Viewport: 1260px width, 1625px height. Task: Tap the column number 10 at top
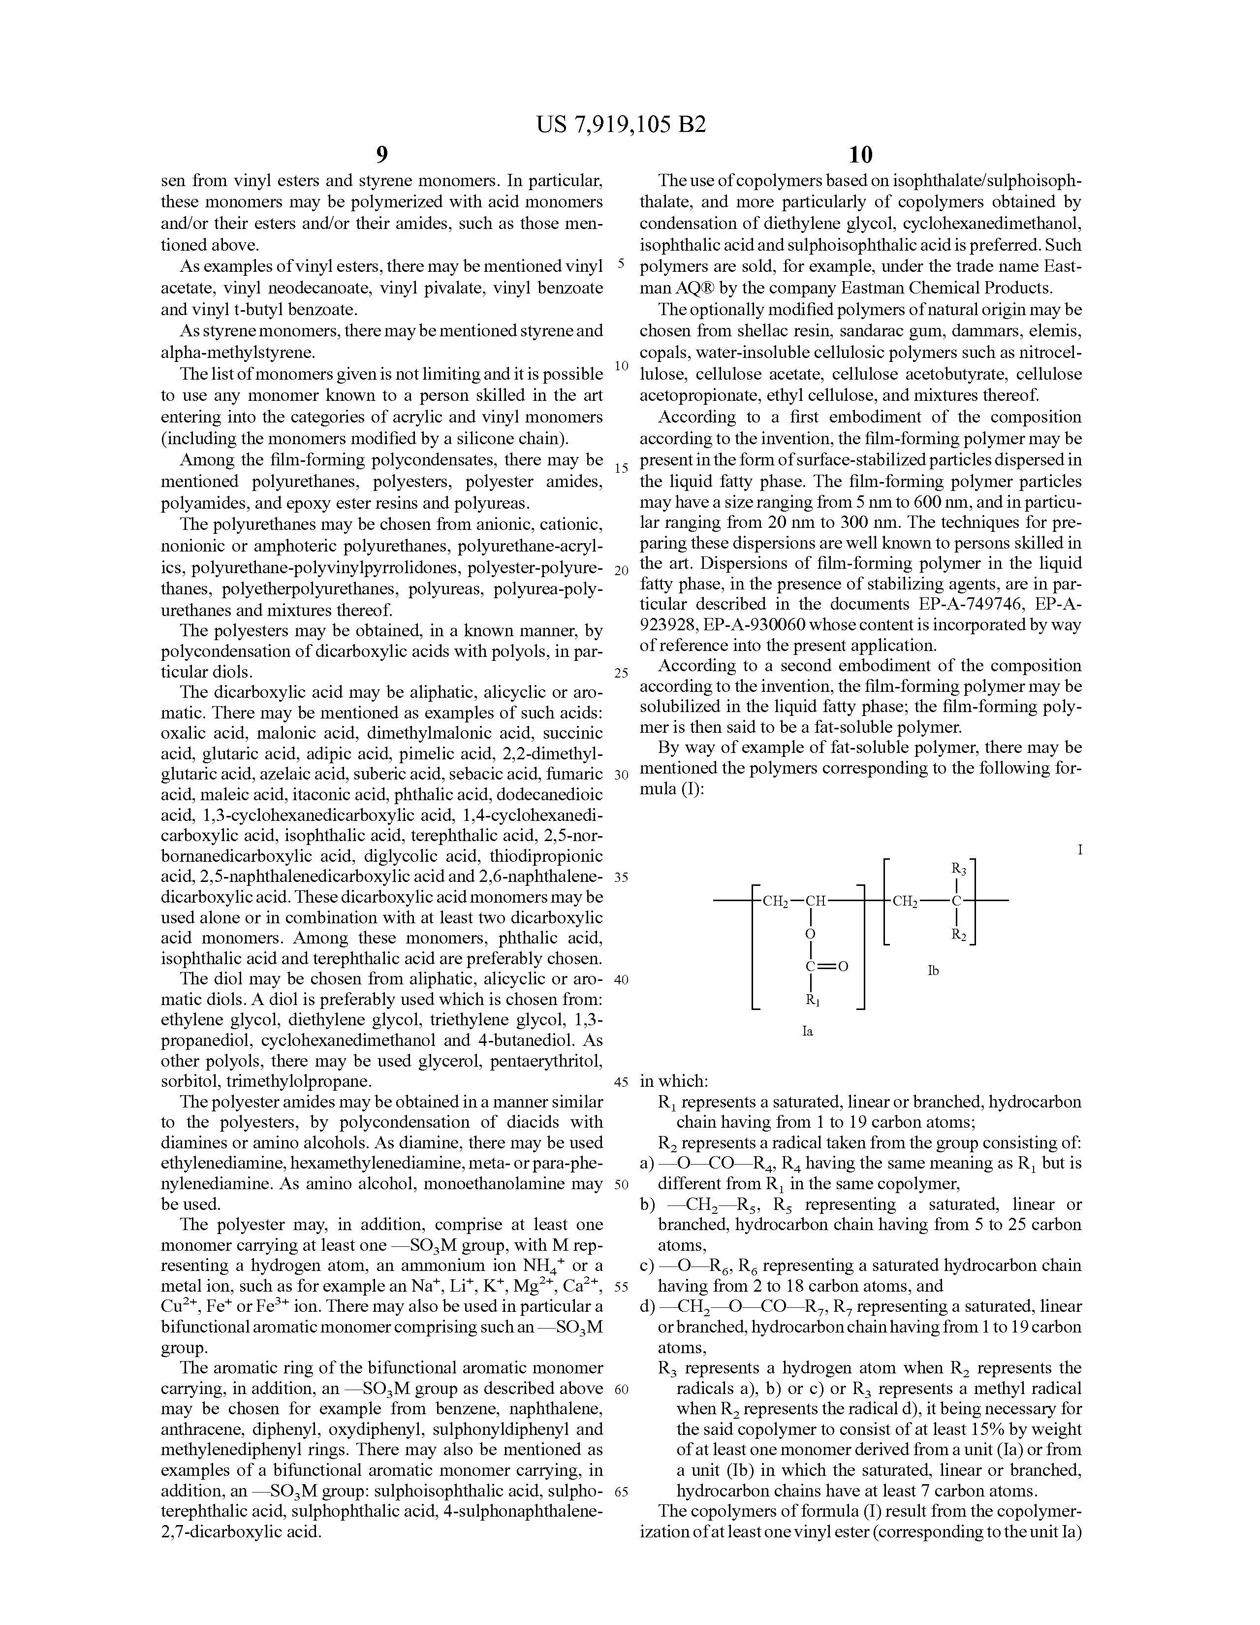860,155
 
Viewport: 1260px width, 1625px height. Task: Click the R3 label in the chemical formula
959,868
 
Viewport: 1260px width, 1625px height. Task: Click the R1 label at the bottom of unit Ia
813,1001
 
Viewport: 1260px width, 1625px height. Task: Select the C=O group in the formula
825,967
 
